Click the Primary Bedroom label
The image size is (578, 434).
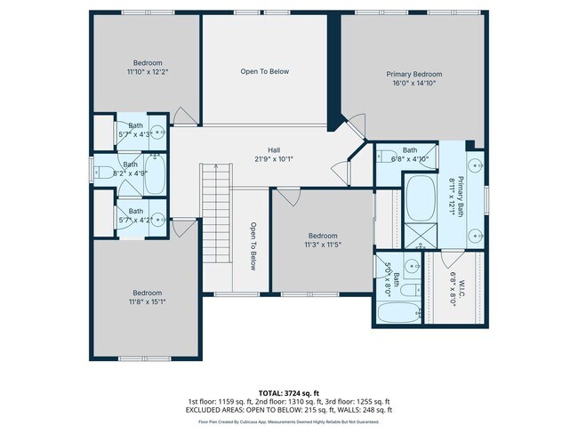pyautogui.click(x=413, y=79)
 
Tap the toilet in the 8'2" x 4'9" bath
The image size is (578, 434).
pyautogui.click(x=102, y=172)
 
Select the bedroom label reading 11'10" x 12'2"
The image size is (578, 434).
pyautogui.click(x=148, y=68)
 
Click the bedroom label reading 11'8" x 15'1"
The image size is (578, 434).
pyautogui.click(x=148, y=297)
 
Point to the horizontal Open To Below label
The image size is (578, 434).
pyautogui.click(x=265, y=71)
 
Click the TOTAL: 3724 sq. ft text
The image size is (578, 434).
pyautogui.click(x=288, y=391)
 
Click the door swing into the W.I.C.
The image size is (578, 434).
pyautogui.click(x=440, y=264)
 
